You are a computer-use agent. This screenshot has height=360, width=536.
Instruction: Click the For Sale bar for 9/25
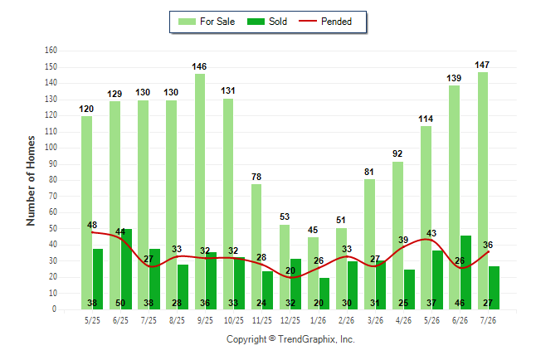(200, 192)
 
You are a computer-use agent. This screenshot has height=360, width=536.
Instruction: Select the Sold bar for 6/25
(126, 269)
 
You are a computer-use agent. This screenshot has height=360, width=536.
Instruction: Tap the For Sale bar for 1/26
(313, 273)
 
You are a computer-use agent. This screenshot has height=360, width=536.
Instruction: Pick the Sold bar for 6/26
(465, 272)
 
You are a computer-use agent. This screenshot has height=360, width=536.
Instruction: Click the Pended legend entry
(325, 22)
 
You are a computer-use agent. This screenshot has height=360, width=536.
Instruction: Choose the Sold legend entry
(267, 22)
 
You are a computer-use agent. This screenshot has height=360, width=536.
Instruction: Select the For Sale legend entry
(207, 22)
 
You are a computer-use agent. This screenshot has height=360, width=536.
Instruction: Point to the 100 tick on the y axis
(51, 148)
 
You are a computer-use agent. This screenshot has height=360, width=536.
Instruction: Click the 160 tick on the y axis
(51, 51)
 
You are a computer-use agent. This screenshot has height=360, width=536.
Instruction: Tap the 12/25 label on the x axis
(290, 320)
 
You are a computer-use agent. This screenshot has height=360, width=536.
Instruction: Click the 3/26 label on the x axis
(375, 320)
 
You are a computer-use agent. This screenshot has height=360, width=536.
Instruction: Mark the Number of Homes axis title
(31, 181)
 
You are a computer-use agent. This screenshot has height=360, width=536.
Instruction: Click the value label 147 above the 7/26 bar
(482, 65)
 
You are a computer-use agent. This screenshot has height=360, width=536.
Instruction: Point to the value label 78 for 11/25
(256, 177)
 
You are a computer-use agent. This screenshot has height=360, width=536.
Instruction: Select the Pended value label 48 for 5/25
(92, 225)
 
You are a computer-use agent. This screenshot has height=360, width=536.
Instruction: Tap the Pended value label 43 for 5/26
(431, 233)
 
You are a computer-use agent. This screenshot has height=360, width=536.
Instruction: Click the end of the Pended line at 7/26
(488, 251)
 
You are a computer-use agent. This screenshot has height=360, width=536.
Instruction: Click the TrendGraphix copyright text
(290, 339)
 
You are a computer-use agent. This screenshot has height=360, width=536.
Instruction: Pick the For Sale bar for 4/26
(398, 236)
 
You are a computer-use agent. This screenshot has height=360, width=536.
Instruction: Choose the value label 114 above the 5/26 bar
(426, 119)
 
